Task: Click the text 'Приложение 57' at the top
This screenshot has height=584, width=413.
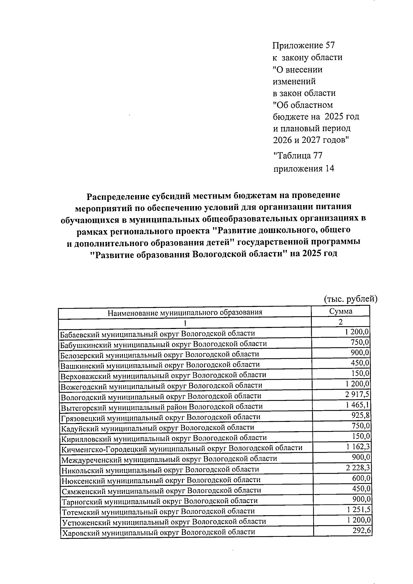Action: pyautogui.click(x=303, y=45)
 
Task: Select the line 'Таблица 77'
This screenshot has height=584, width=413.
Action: pyautogui.click(x=298, y=156)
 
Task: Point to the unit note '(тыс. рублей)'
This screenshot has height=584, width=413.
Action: pyautogui.click(x=351, y=299)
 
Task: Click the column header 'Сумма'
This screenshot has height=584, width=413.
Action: pyautogui.click(x=340, y=311)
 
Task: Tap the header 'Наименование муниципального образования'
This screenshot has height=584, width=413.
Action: pyautogui.click(x=185, y=313)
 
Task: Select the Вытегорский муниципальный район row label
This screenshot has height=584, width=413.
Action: pyautogui.click(x=161, y=407)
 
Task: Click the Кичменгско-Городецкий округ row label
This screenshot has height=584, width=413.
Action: pyautogui.click(x=181, y=448)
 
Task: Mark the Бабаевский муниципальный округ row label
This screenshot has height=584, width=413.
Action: pyautogui.click(x=157, y=334)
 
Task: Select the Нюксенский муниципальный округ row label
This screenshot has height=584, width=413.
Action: pyautogui.click(x=160, y=480)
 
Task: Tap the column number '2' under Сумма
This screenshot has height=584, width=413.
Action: pyautogui.click(x=340, y=322)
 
